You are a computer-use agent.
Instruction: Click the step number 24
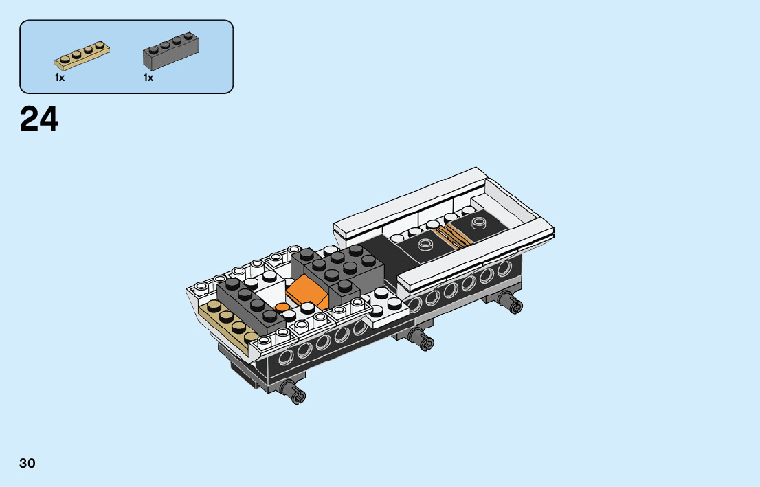coord(38,120)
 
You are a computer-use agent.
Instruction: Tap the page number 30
coord(27,463)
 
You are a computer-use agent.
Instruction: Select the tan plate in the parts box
coord(82,56)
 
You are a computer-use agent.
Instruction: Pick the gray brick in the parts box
coord(170,51)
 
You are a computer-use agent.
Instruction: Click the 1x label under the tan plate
coord(60,78)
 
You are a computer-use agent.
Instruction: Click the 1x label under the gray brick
coord(148,78)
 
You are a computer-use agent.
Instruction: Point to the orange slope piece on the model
coord(306,291)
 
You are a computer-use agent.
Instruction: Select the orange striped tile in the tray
coord(452,236)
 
